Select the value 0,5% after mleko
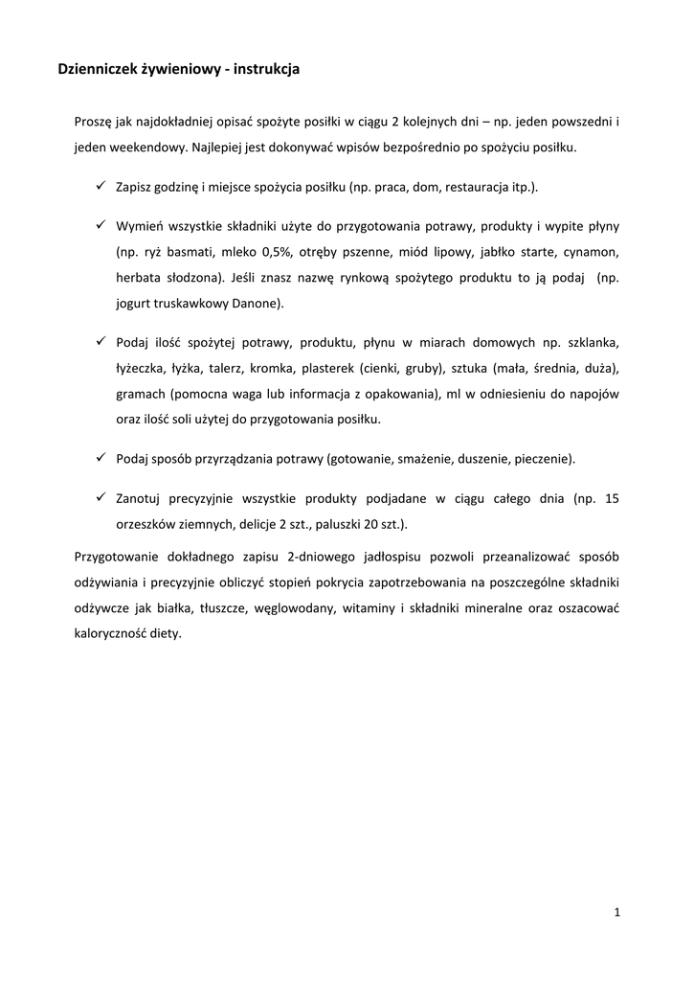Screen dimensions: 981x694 [x=280, y=252]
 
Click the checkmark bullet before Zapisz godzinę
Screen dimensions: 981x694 [x=100, y=184]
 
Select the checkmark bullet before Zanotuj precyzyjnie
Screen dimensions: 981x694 [x=100, y=497]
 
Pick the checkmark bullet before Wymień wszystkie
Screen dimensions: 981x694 [x=100, y=225]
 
